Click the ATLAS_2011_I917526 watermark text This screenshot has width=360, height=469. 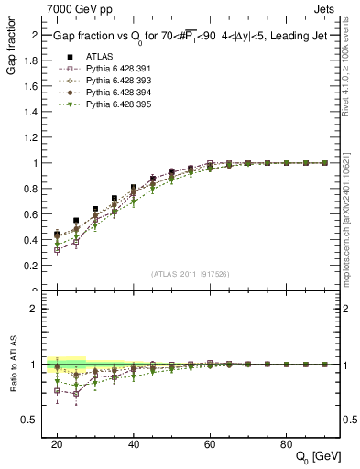point(190,273)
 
